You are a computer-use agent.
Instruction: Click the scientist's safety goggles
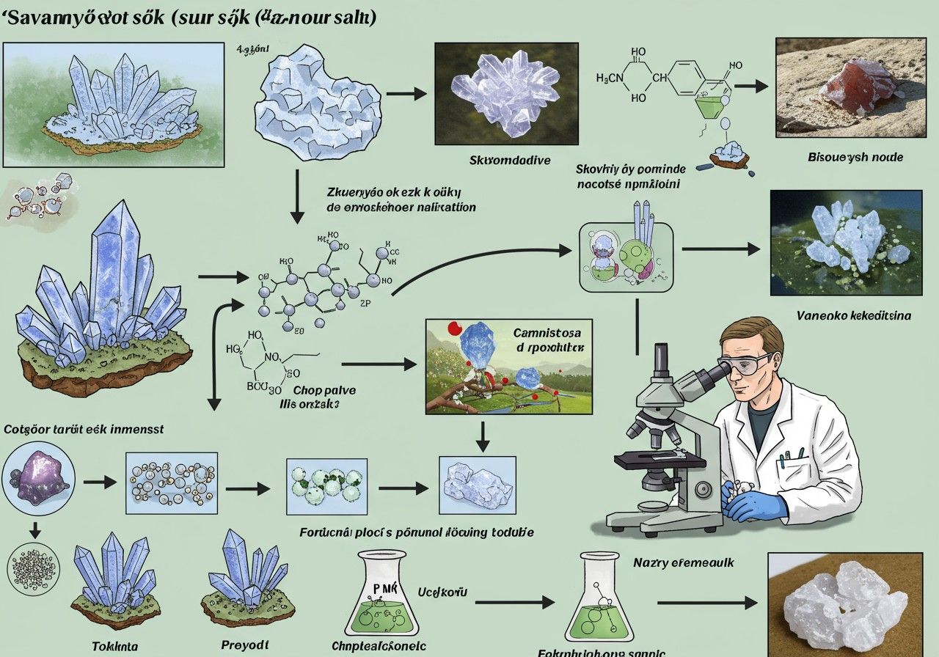tap(750, 362)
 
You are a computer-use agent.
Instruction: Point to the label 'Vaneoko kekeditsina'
tap(853, 316)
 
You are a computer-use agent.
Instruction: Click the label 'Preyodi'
tap(244, 645)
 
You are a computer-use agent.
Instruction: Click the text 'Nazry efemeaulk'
tap(683, 562)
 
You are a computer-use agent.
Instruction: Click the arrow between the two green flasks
tap(514, 602)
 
